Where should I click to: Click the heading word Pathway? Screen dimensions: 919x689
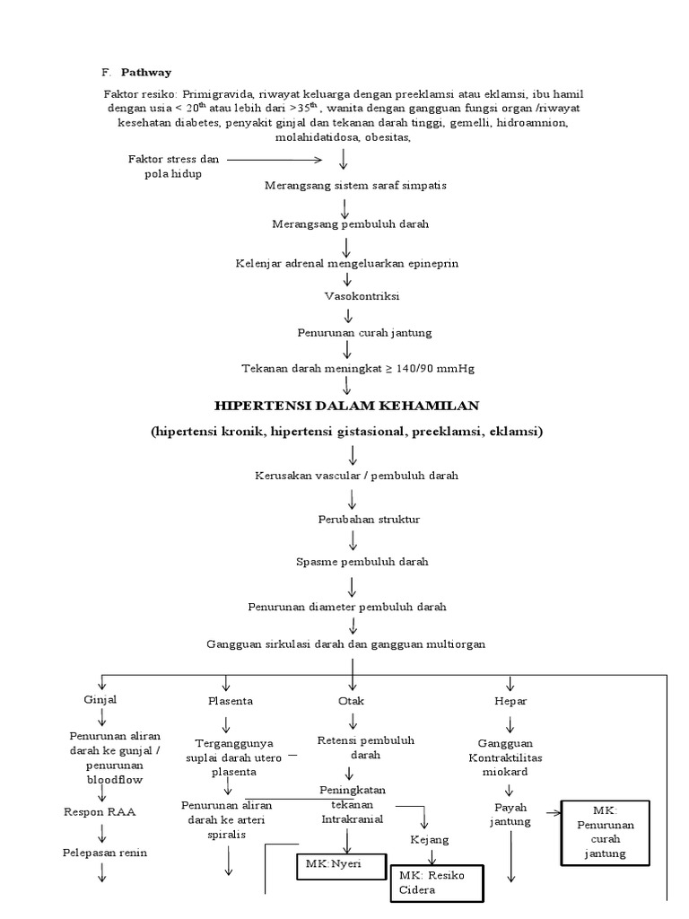tap(146, 71)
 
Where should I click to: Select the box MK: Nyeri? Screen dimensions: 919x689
tap(341, 868)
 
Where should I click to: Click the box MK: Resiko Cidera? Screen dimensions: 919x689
tap(436, 881)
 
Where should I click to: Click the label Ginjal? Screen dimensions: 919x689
tap(100, 699)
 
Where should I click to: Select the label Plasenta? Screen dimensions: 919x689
tap(230, 700)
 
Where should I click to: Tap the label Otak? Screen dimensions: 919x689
tap(351, 700)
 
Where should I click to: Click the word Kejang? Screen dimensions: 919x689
tap(428, 839)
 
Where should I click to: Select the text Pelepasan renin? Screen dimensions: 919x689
tap(104, 852)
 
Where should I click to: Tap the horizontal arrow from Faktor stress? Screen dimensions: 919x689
tap(273, 161)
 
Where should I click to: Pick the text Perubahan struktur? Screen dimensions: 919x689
tap(356, 519)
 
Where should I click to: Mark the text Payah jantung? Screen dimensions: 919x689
tap(510, 814)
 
